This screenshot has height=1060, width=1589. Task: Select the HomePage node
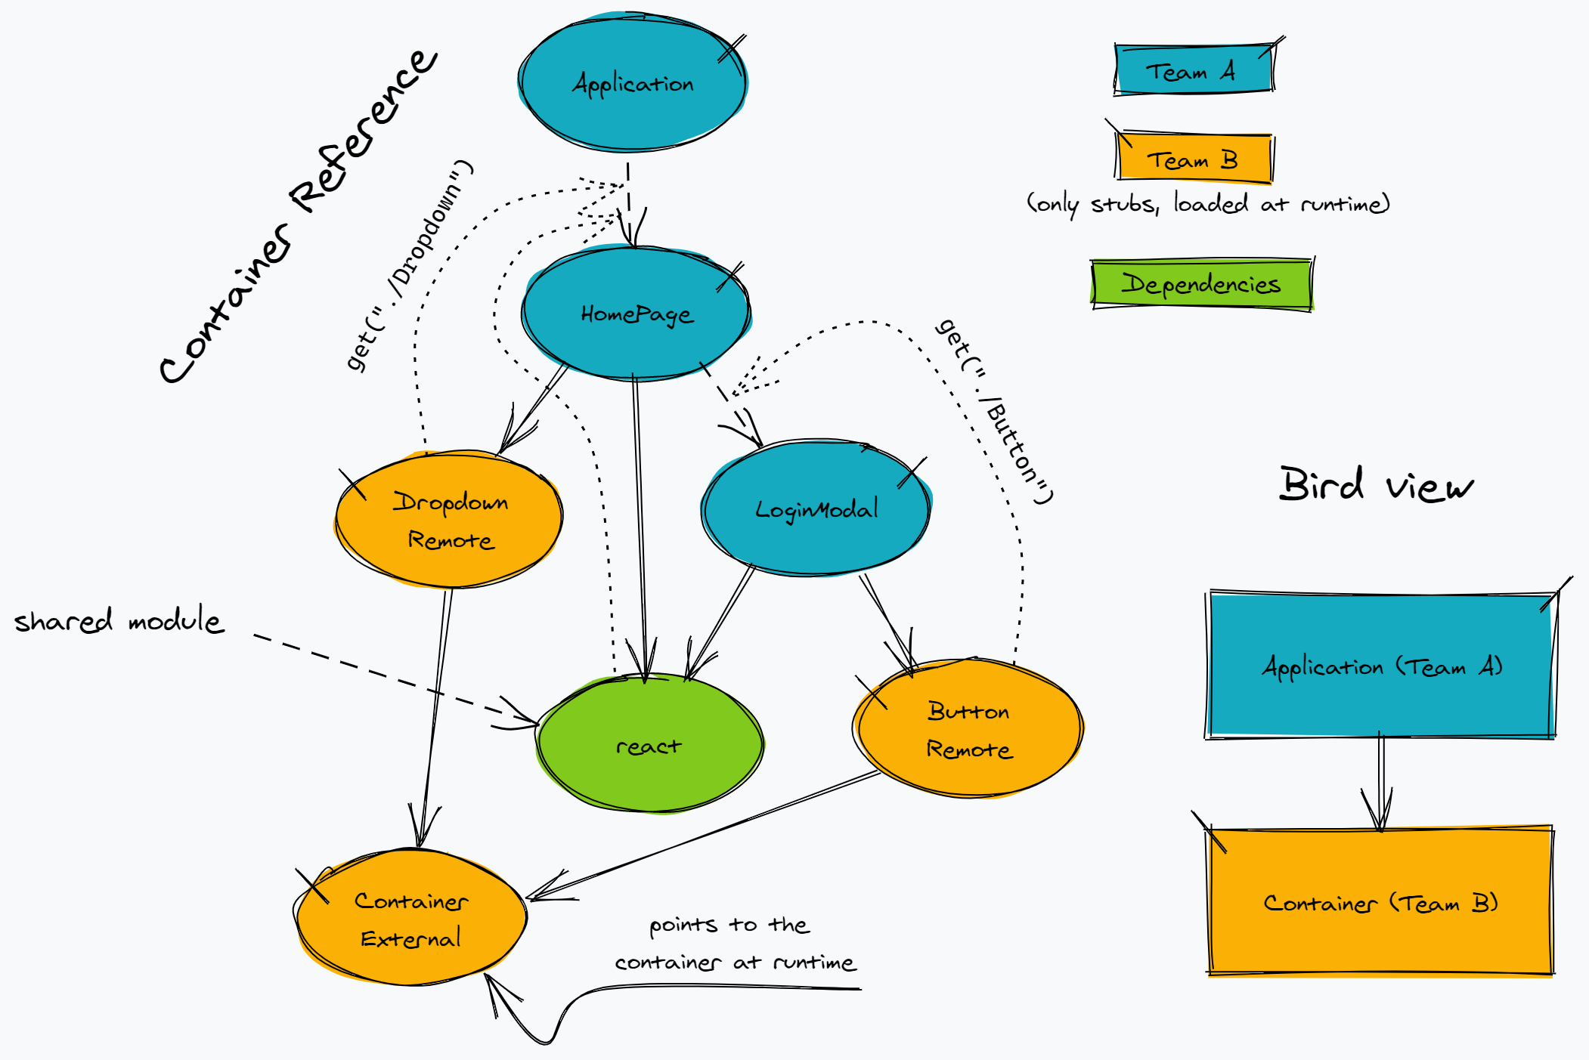[636, 313]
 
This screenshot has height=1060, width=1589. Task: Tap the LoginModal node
[816, 508]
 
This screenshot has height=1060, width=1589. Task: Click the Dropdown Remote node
[449, 520]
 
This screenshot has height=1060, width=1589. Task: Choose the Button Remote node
[968, 728]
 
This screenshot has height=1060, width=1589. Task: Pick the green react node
[649, 744]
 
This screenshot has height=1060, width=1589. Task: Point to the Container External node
[410, 918]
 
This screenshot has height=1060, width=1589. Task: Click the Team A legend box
[1194, 70]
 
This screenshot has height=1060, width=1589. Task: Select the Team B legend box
[1194, 159]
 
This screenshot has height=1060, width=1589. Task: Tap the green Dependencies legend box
[1201, 284]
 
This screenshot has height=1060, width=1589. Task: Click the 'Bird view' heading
[1376, 485]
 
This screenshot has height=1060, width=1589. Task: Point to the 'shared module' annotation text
[119, 621]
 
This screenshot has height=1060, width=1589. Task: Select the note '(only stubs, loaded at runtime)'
[1208, 203]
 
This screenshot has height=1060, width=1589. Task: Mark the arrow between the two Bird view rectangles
[1381, 782]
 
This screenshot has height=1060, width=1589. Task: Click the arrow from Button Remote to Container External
[703, 836]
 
